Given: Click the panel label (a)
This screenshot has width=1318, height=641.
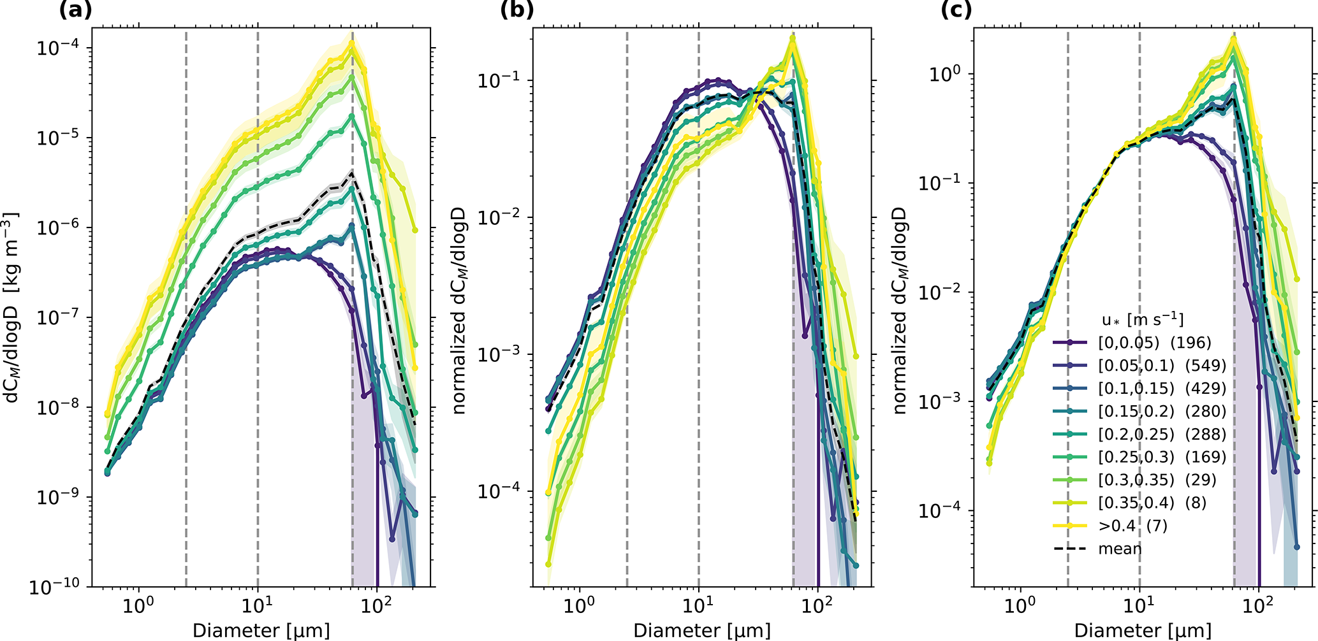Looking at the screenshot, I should pyautogui.click(x=75, y=10).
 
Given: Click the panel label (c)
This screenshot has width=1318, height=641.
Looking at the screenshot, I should pyautogui.click(x=956, y=10).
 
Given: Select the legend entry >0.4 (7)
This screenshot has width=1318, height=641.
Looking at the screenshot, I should pyautogui.click(x=1132, y=526).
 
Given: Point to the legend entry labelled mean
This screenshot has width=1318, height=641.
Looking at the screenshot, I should pyautogui.click(x=1120, y=549).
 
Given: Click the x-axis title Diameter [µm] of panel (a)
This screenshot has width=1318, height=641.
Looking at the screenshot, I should pyautogui.click(x=261, y=631).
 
